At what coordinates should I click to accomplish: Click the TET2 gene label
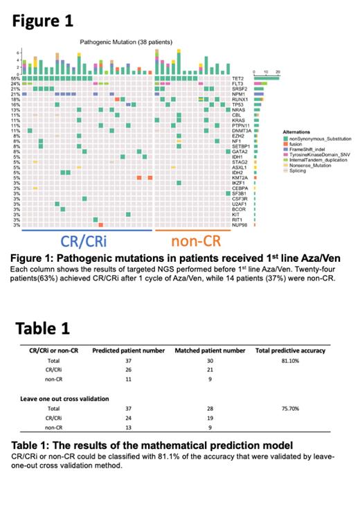coord(237,79)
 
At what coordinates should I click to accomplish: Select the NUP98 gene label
coord(239,225)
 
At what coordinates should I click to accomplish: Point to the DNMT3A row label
coord(241,130)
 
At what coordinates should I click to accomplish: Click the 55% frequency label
coord(15,79)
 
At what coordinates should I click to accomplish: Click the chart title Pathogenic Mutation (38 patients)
coord(126,42)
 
